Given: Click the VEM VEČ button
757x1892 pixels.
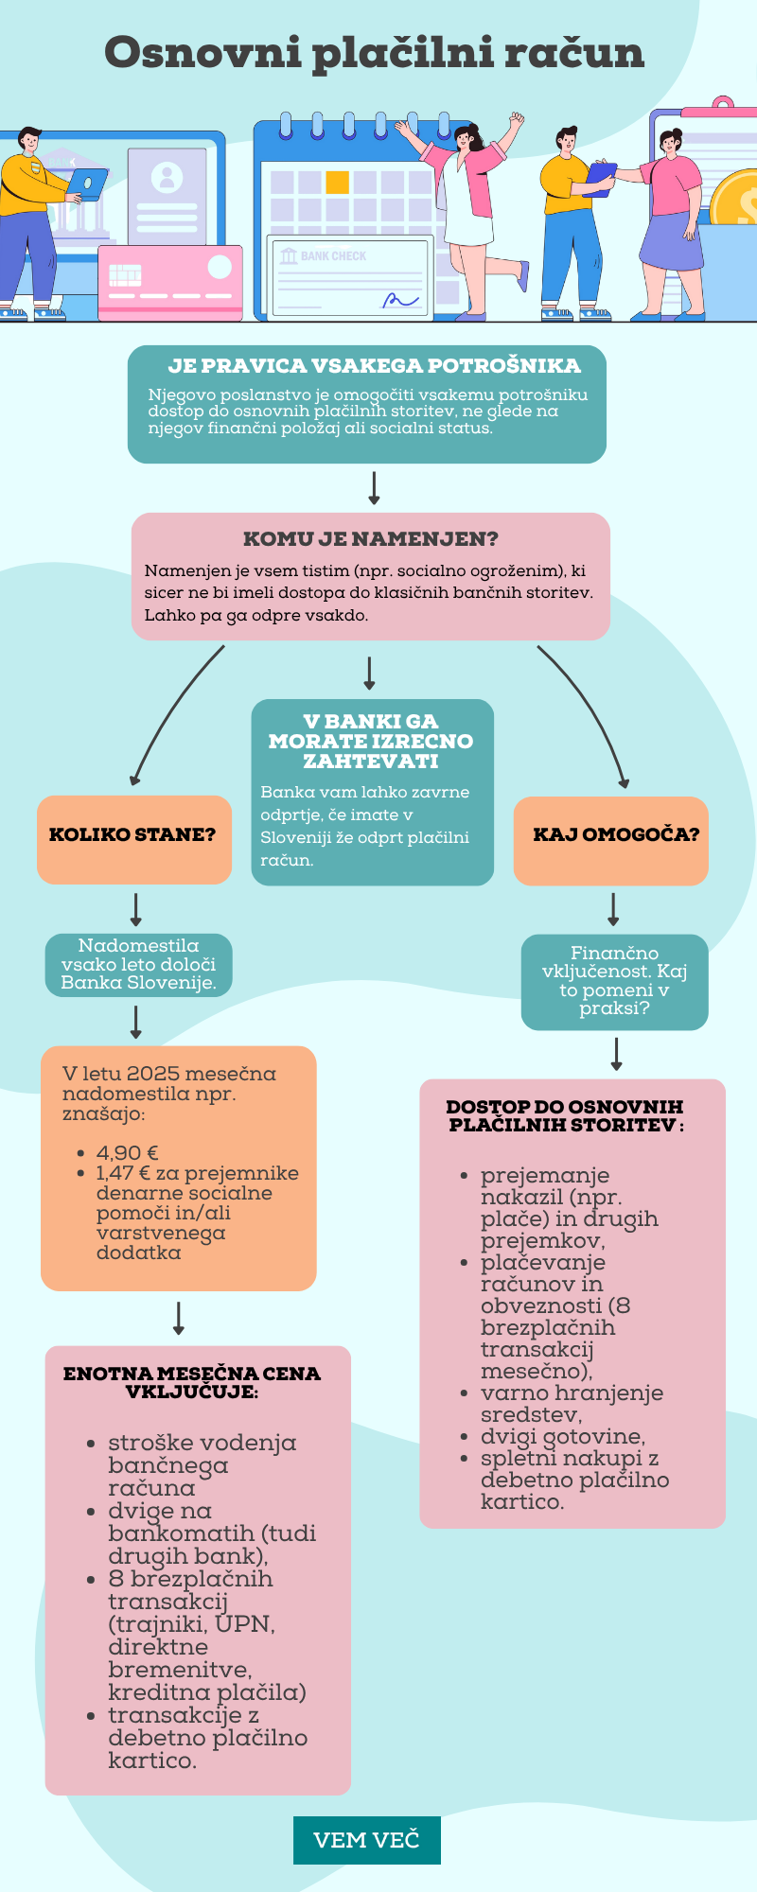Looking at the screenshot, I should tap(366, 1840).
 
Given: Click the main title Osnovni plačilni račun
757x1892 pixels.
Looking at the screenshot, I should tap(374, 53).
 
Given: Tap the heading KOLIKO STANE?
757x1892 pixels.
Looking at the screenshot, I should tap(132, 835).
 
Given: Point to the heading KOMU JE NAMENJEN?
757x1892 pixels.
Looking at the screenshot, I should tap(370, 539).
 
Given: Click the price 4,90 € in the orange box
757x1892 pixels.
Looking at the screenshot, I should tap(127, 1153).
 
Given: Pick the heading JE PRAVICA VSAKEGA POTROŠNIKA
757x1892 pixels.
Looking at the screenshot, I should tap(374, 366).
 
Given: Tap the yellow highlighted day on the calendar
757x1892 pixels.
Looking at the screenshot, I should tap(338, 183).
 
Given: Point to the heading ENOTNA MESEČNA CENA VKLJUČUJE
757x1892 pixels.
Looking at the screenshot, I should tap(192, 1382).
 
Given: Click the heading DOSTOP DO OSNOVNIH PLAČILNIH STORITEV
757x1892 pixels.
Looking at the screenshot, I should tap(566, 1116).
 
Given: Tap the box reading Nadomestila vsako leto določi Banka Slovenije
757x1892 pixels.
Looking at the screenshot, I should tap(138, 965).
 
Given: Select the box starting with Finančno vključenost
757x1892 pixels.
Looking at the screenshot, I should tap(614, 981).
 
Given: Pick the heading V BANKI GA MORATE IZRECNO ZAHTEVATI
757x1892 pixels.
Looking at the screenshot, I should tap(371, 741).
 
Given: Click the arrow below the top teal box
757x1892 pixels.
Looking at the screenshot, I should tap(374, 487).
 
